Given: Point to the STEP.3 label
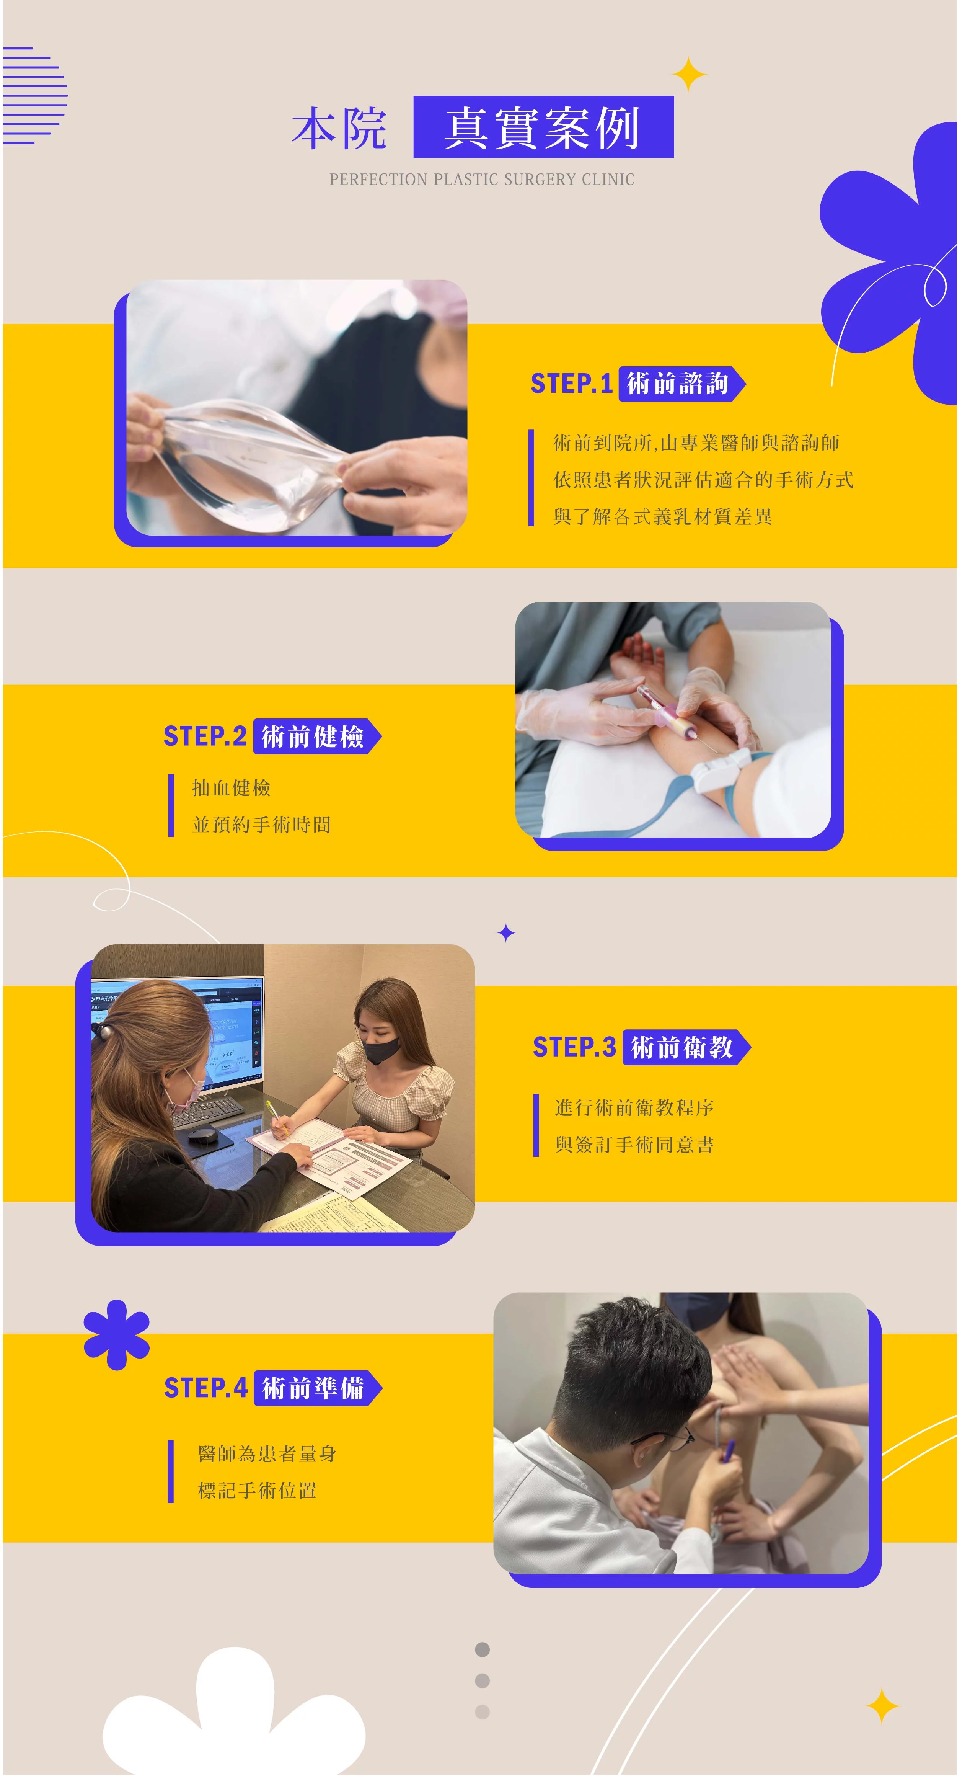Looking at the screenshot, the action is [574, 1047].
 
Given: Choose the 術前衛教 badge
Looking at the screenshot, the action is [686, 1047].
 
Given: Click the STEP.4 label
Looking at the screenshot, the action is [205, 1388].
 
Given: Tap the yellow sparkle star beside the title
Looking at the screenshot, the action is [690, 74].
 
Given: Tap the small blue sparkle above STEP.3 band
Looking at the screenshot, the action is [506, 933].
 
